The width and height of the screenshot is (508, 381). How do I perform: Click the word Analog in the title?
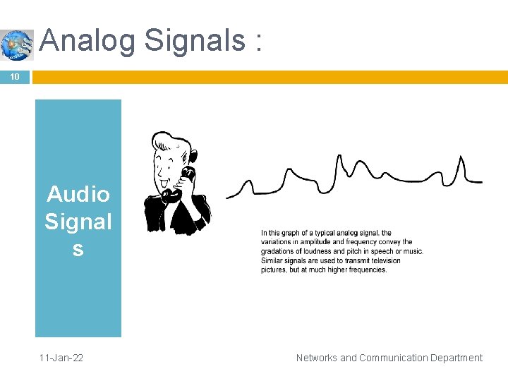[87, 41]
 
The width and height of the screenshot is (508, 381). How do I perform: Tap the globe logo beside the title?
[16, 45]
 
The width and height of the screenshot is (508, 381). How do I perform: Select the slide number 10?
[14, 76]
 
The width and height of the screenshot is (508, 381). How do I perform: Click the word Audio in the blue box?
[78, 194]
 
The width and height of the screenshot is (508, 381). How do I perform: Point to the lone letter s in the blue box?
[78, 249]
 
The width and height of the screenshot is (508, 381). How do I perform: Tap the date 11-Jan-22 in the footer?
[61, 358]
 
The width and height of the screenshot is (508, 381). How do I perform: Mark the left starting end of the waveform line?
[228, 198]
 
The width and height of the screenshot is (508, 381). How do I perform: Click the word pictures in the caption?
[274, 270]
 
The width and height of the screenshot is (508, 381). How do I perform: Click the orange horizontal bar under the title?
[268, 76]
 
